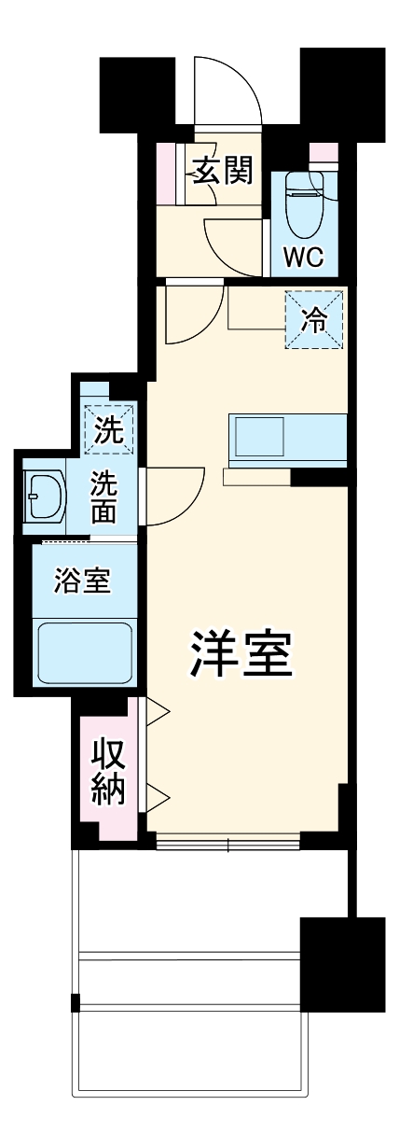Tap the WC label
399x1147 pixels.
303,258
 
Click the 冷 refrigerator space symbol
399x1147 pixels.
315,320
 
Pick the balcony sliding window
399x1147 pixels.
228,845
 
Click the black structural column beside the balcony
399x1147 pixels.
341,965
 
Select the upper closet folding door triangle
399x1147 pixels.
155,713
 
